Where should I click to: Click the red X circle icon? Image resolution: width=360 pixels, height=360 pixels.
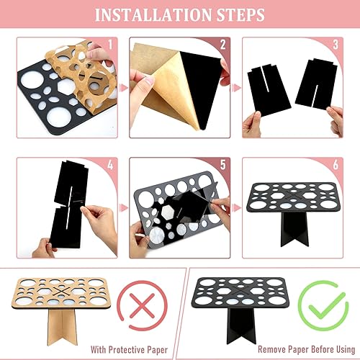point(141,304)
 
